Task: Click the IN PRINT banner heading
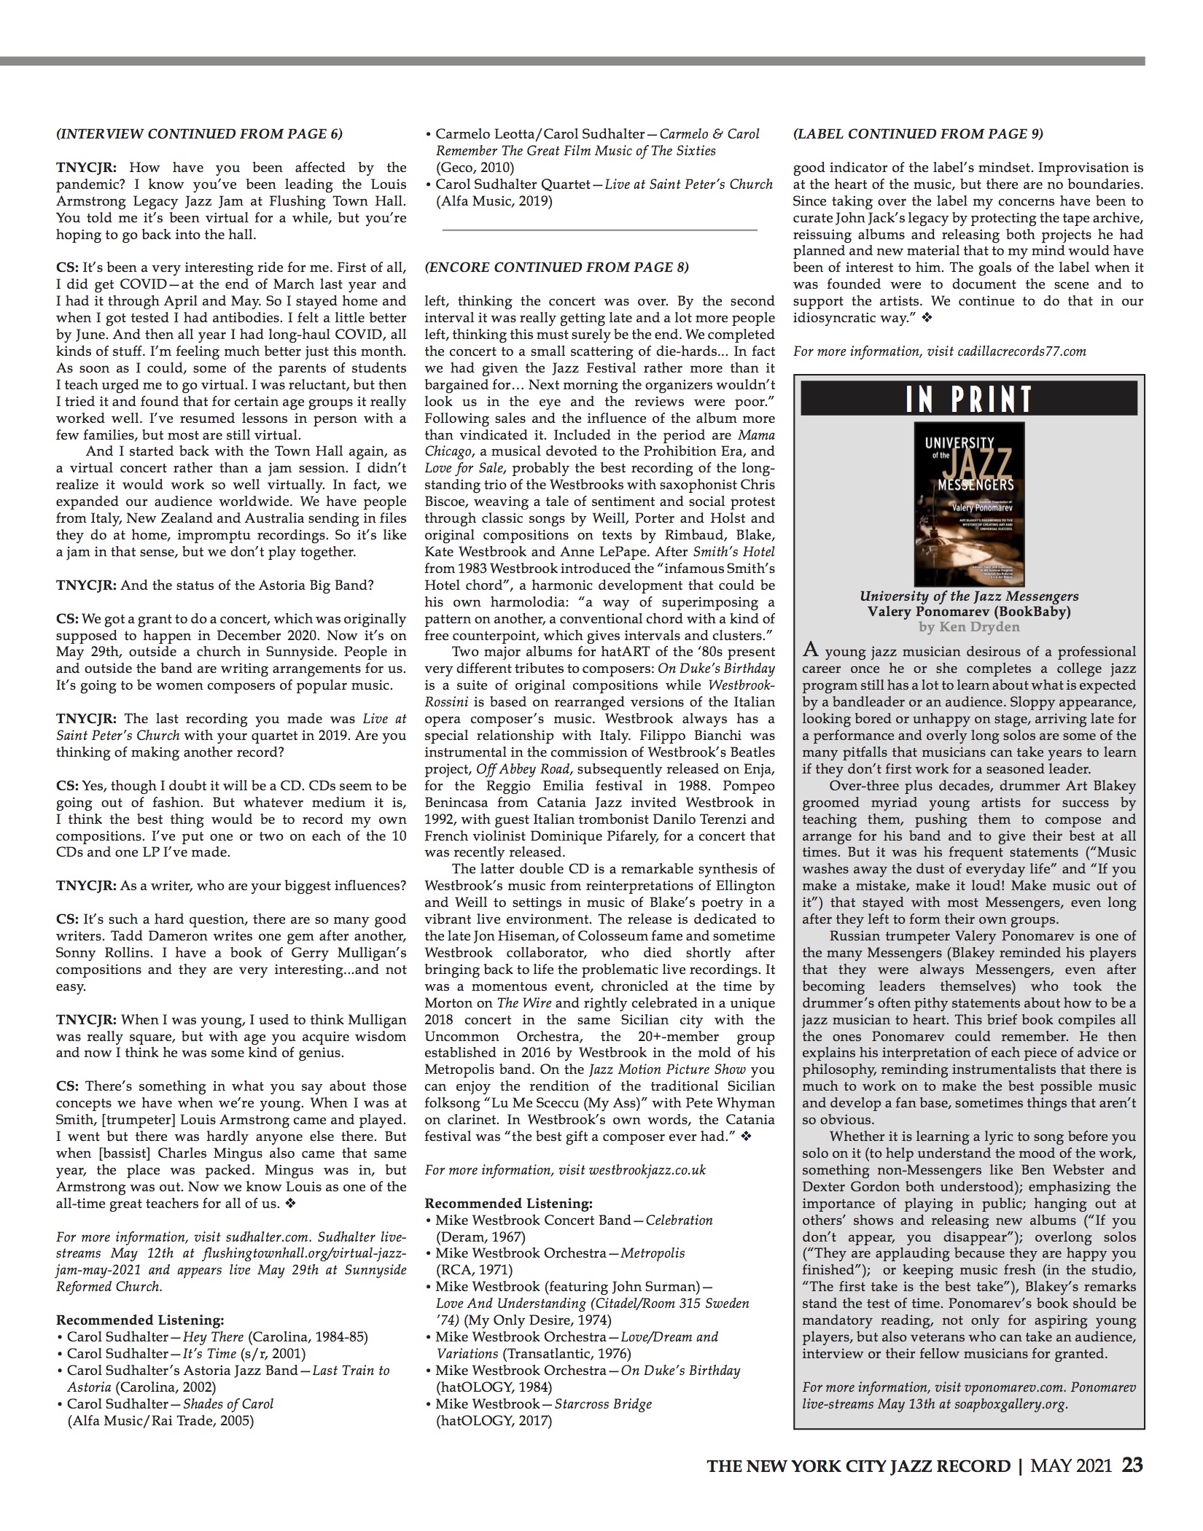pos(969,399)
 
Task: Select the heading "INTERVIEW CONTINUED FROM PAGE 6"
pos(199,134)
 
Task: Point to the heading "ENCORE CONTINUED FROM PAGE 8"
pos(556,268)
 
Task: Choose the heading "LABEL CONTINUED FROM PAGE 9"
pos(918,134)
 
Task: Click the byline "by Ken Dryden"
pos(969,627)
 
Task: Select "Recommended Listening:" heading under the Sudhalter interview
pos(140,1320)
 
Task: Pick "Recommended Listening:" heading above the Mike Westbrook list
pos(508,1203)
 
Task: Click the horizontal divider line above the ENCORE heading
pos(599,230)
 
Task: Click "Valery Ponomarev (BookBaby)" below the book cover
pos(969,612)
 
